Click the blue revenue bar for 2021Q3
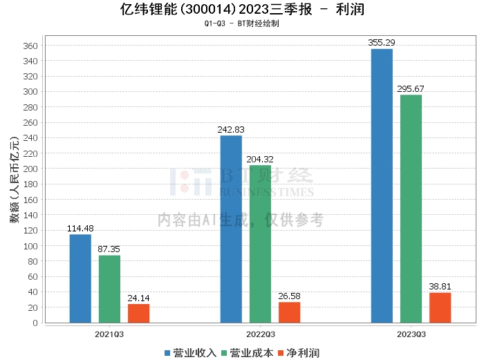pos(80,278)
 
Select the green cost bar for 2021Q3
pos(109,289)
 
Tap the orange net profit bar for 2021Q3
pos(138,313)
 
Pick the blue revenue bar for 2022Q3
pos(231,229)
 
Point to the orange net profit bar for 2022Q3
pos(289,312)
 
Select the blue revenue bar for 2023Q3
pos(382,186)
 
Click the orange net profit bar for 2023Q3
pos(440,307)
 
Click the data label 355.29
pos(382,43)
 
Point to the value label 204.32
pos(260,160)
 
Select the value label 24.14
pos(138,298)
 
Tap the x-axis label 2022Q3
pos(260,334)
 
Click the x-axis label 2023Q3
pos(411,334)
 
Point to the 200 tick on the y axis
pos(32,169)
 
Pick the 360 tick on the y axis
pos(32,46)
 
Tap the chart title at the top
pos(242,10)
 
